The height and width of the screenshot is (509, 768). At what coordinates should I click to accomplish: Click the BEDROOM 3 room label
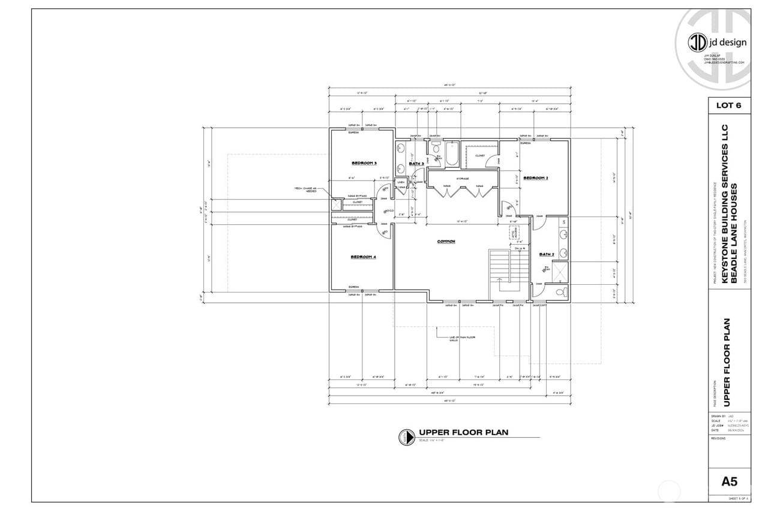(x=364, y=163)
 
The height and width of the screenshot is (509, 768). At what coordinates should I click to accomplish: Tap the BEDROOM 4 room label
(x=363, y=257)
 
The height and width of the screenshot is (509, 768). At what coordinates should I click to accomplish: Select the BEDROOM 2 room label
(x=536, y=178)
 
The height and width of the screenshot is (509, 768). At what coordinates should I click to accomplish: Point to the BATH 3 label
(x=416, y=164)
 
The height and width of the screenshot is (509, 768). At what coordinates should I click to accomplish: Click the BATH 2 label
(x=546, y=254)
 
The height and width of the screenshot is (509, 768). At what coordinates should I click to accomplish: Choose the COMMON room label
(x=446, y=242)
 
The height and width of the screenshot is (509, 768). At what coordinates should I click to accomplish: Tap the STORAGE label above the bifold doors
(x=462, y=179)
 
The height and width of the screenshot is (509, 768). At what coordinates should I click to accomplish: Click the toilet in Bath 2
(x=560, y=293)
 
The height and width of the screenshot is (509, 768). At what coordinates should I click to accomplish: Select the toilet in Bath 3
(x=436, y=147)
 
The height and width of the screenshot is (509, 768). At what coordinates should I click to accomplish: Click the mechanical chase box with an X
(x=337, y=204)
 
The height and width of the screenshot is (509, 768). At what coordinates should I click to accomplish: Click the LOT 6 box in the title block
(x=728, y=105)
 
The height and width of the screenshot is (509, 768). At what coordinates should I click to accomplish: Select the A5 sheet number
(x=728, y=481)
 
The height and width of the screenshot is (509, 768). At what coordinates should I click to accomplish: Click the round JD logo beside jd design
(x=697, y=42)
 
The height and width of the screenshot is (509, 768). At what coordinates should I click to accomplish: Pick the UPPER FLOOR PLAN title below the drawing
(x=464, y=432)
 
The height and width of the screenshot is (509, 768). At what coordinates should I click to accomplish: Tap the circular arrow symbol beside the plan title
(x=406, y=437)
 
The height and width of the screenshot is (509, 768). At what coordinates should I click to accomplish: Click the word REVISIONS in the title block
(x=718, y=438)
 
